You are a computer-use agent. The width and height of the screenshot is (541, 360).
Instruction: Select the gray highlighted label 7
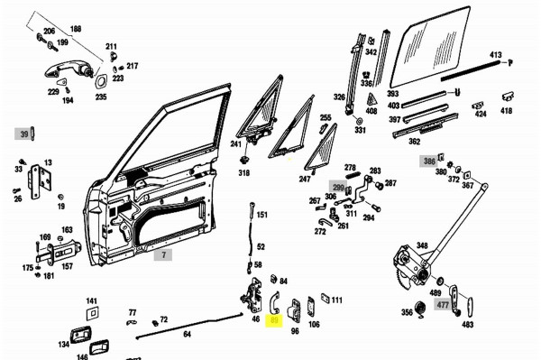coord(163,255)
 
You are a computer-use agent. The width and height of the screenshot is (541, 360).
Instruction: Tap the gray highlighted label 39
coord(23,134)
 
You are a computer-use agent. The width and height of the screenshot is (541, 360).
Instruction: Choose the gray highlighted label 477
coord(443,305)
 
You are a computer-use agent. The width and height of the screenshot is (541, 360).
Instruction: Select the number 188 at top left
coord(76,29)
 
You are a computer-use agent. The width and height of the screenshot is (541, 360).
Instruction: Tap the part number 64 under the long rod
coord(187,335)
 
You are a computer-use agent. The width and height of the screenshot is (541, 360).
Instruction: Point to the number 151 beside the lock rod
coord(262,215)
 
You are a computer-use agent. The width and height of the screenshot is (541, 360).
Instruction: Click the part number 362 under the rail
coord(414,141)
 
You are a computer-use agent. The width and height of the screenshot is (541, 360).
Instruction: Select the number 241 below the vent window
coord(236,143)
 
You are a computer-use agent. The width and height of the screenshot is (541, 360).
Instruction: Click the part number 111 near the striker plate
coord(336,300)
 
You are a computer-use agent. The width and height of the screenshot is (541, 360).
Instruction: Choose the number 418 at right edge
coord(507,110)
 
